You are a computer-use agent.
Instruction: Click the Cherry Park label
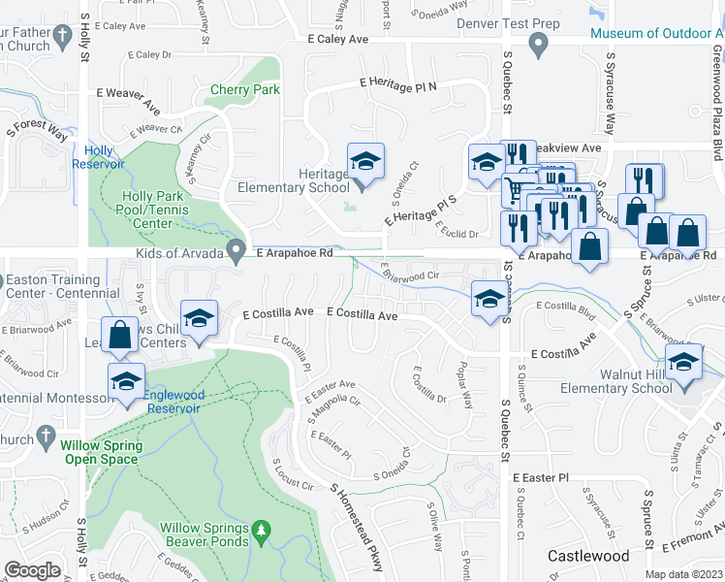pos(245,89)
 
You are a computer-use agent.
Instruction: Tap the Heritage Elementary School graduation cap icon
pos(366,160)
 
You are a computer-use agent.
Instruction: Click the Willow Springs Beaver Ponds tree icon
pos(260,530)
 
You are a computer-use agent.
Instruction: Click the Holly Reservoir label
pos(98,157)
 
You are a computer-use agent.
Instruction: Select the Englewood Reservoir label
pos(173,402)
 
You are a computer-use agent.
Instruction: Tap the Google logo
pos(32,570)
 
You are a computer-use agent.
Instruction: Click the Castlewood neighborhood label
pos(587,556)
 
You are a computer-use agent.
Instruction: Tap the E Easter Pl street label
pos(540,478)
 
